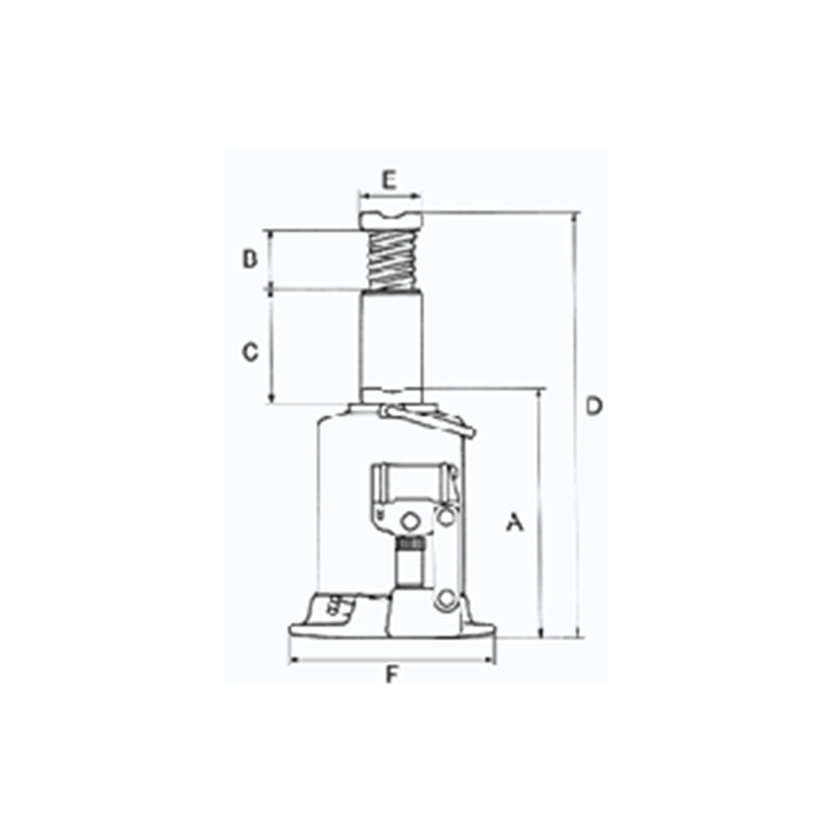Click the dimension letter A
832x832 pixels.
(514, 522)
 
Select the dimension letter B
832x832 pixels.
(250, 259)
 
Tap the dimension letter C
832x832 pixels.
(250, 352)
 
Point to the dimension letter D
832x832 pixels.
(594, 406)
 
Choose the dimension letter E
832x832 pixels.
(390, 180)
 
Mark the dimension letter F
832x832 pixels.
(391, 675)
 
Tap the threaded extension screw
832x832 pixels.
(392, 260)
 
